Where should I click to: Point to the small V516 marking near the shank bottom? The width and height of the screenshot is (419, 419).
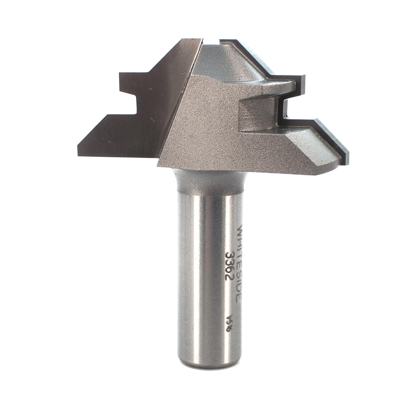click(229, 323)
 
